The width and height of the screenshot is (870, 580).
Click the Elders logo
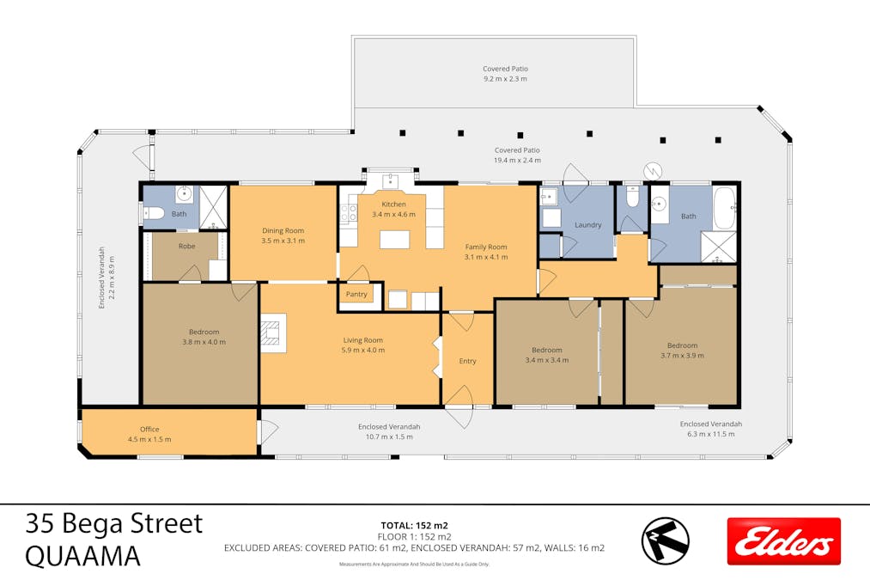click(783, 541)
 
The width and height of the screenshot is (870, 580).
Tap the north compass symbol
click(665, 541)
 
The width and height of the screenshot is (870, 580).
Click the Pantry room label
click(356, 295)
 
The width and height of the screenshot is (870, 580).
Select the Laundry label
click(588, 225)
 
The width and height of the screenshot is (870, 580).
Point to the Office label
click(149, 430)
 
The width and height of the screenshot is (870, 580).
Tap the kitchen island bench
click(394, 239)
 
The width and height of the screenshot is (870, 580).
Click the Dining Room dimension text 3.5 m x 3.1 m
click(283, 241)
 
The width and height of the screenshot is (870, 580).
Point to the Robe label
click(186, 247)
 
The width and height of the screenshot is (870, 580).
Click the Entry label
click(467, 361)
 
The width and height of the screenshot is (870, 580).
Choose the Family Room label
click(486, 247)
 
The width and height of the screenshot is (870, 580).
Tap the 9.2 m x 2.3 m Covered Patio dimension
click(505, 78)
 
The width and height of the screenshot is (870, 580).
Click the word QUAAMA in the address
click(83, 557)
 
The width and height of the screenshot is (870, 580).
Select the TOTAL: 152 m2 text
click(415, 524)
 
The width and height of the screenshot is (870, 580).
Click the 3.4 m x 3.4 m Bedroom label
click(546, 350)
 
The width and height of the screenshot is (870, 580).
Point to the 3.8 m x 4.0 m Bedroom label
click(204, 332)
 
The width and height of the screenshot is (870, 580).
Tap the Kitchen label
click(393, 205)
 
